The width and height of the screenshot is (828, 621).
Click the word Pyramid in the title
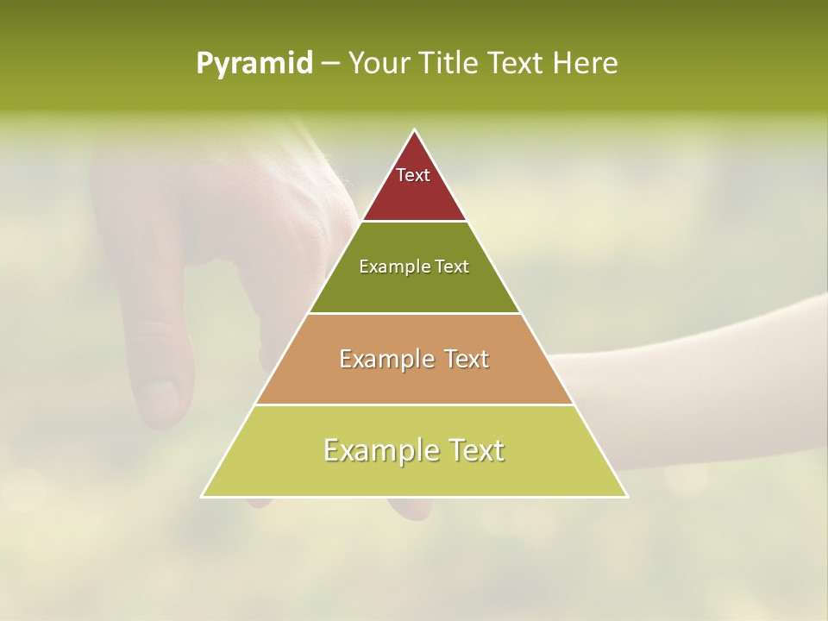point(254,64)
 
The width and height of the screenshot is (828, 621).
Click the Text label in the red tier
point(413,175)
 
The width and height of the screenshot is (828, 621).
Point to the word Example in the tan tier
point(385,359)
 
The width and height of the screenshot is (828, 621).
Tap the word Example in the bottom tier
point(376,450)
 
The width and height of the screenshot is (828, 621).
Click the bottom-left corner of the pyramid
point(203,496)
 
